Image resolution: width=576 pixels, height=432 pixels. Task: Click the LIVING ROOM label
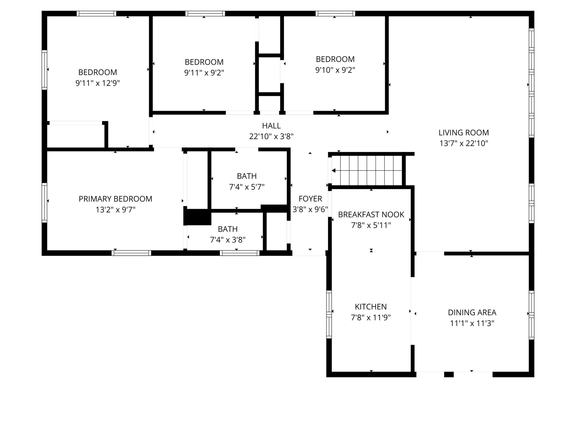464,132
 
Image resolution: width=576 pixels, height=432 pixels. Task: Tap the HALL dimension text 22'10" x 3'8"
271,136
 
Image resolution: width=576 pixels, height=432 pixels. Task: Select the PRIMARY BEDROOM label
115,199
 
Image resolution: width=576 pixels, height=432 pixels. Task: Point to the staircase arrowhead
333,171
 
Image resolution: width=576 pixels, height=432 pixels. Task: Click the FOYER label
310,199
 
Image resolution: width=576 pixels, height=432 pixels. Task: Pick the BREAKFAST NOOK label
371,215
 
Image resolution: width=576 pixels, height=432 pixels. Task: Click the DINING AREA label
472,312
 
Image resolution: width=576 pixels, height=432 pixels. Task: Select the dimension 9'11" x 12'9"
98,83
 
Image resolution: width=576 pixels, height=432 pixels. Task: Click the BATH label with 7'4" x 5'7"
247,176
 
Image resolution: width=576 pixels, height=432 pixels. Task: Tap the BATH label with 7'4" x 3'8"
228,229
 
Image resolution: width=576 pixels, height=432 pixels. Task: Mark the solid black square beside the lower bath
197,217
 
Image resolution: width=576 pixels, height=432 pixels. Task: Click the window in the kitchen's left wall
329,315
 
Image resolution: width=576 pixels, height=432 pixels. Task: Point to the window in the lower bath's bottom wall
240,253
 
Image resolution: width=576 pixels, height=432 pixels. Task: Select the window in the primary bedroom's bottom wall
132,253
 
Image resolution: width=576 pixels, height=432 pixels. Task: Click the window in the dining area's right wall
531,315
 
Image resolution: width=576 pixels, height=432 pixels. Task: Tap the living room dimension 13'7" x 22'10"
464,143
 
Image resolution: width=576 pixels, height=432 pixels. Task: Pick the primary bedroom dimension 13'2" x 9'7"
116,210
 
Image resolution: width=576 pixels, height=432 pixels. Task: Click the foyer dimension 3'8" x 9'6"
310,209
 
